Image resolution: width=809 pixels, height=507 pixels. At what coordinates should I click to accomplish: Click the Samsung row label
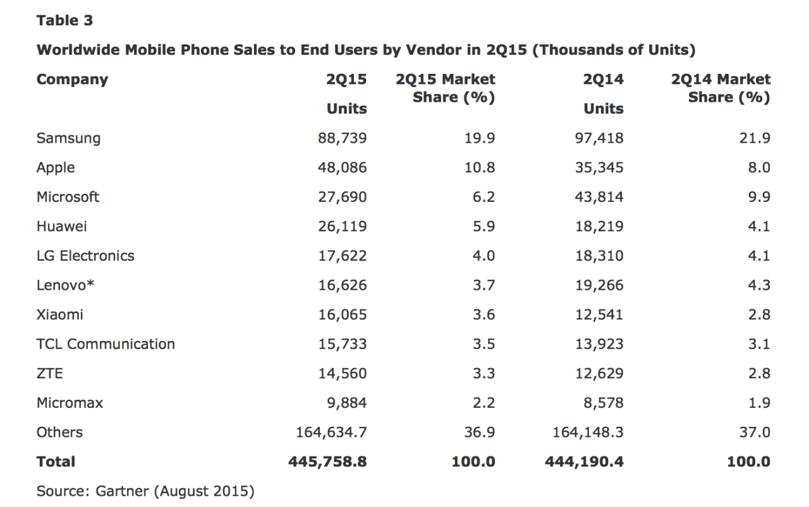click(x=68, y=138)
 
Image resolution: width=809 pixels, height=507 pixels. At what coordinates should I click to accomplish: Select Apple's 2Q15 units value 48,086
click(x=342, y=167)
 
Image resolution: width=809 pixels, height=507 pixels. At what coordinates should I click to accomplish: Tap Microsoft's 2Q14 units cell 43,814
click(x=599, y=197)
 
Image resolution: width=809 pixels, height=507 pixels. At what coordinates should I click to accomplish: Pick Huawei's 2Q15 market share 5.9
click(x=484, y=226)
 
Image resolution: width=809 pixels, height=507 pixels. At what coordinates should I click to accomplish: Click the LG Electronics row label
click(x=85, y=256)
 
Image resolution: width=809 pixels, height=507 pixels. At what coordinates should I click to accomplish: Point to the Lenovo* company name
click(x=66, y=285)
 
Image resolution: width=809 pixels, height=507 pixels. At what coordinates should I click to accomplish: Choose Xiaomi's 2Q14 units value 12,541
click(x=599, y=314)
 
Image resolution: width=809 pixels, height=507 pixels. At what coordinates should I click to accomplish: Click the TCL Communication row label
click(x=106, y=344)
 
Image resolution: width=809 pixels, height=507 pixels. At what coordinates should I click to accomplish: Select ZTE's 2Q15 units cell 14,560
click(x=342, y=373)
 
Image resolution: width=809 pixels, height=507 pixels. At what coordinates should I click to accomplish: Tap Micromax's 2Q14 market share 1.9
click(x=758, y=403)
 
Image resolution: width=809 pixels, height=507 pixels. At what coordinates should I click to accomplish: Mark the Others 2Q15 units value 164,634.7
click(x=331, y=432)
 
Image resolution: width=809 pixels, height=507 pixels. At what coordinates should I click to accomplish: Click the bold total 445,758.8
click(x=327, y=462)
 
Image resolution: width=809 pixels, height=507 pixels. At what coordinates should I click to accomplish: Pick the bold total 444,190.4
click(x=584, y=462)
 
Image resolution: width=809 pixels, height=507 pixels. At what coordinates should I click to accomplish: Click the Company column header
click(x=72, y=80)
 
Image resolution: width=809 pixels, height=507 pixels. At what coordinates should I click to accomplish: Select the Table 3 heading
click(x=64, y=20)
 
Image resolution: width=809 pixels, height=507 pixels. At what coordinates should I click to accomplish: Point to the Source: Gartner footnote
click(x=145, y=491)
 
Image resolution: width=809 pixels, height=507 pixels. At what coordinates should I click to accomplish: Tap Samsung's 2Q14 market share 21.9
click(x=755, y=138)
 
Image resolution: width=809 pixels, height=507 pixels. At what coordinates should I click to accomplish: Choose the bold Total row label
click(x=56, y=462)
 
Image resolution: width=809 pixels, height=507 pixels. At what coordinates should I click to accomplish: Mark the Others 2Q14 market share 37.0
click(x=755, y=432)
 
